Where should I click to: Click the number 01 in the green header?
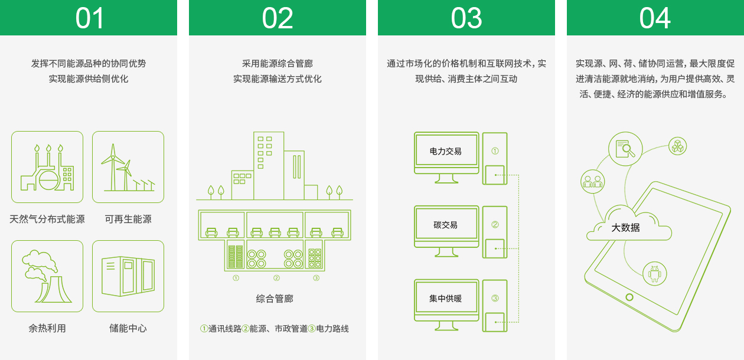tap(89, 18)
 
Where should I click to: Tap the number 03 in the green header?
tap(466, 18)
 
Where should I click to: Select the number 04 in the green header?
tap(655, 18)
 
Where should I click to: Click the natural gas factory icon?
tap(47, 167)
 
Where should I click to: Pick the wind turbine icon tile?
tap(128, 167)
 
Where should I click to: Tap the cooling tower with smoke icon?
tap(47, 276)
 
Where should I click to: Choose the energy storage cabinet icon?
tap(128, 276)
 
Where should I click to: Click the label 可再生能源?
tap(128, 219)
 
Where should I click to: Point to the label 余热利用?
tap(47, 329)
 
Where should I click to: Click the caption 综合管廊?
tap(275, 299)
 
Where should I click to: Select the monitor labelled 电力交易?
tap(446, 158)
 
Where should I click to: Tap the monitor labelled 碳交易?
tap(446, 231)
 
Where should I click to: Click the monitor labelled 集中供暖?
tap(446, 305)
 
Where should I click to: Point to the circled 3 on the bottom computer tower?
tap(495, 298)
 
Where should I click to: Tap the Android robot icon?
tap(655, 274)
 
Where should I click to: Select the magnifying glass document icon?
tap(625, 149)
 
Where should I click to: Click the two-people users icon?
tap(593, 182)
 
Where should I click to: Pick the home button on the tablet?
tap(629, 297)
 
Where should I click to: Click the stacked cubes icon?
tap(678, 146)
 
